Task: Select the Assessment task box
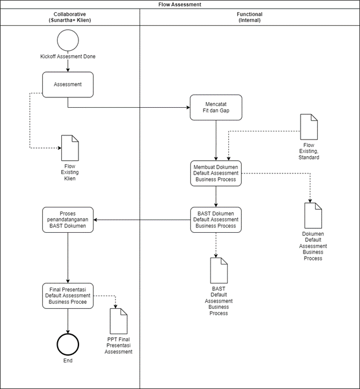(67, 85)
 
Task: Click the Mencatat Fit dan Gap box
(216, 107)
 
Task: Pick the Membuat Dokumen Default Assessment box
(216, 173)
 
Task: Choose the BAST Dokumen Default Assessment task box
(216, 220)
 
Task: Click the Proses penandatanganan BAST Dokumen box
(67, 220)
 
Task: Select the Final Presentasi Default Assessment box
(67, 296)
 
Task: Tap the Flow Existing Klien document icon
(70, 148)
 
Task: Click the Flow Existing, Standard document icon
(309, 127)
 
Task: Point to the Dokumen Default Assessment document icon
(313, 216)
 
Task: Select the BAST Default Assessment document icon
(219, 270)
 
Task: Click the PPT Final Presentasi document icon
(119, 321)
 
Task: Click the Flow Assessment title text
(180, 5)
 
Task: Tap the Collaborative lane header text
(70, 17)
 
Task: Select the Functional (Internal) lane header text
(249, 17)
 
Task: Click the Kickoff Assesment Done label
(67, 56)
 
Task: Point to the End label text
(67, 361)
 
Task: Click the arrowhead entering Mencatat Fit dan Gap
(188, 107)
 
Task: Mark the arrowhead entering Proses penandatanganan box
(96, 220)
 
